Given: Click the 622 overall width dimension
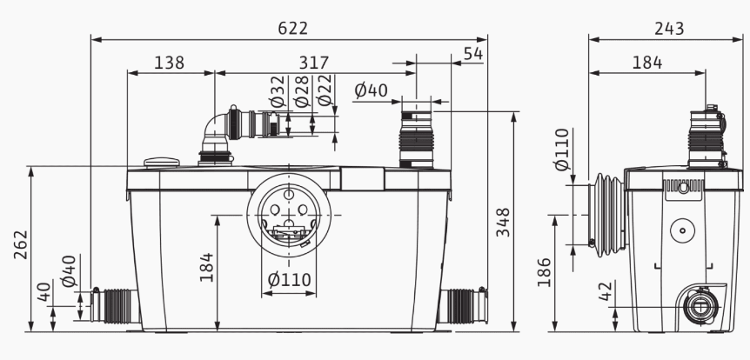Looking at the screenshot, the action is tap(292, 29).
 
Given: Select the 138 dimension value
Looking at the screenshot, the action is tap(170, 63).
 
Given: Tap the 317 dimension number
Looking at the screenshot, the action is tap(314, 63).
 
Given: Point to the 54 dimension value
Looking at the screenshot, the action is tap(473, 54).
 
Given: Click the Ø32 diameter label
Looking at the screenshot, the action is tap(278, 90).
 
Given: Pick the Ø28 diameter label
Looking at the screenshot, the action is tap(301, 90).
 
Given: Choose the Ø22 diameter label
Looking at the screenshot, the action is tap(325, 90).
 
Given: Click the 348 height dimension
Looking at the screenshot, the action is tap(503, 222).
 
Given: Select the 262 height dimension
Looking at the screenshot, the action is tap(21, 244).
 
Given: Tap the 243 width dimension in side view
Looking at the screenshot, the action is tap(669, 29).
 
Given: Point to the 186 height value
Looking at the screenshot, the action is tap(545, 272).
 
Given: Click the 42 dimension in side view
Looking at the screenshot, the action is tap(606, 291).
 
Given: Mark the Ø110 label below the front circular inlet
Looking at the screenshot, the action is tap(289, 279).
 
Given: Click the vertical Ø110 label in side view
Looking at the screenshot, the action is tap(562, 150).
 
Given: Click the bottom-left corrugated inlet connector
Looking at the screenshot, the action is tap(115, 305).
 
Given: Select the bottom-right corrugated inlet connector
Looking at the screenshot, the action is tap(463, 305).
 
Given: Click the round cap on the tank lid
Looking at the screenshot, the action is tap(162, 163).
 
